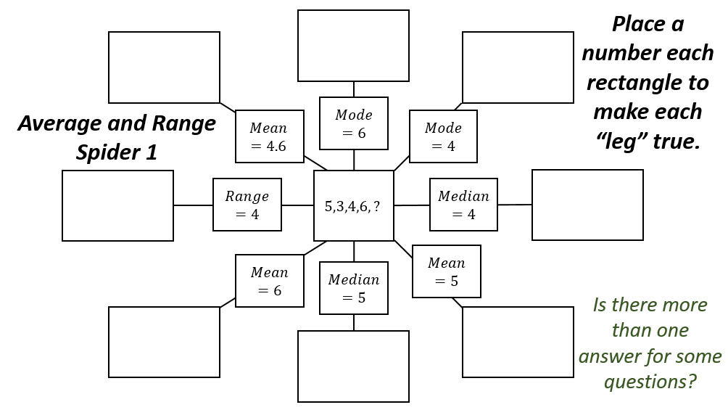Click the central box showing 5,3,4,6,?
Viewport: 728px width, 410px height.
[353, 206]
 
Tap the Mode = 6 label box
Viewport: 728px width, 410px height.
[353, 123]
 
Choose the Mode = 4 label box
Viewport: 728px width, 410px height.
[443, 136]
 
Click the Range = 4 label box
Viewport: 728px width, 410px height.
[247, 205]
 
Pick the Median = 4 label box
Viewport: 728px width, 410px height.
[463, 205]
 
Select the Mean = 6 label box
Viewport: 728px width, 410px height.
[269, 281]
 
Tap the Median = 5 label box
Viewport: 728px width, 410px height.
[353, 288]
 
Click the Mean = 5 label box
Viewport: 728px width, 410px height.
[446, 271]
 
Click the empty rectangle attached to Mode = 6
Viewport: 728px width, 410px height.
[353, 46]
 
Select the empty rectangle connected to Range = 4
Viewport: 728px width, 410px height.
[117, 205]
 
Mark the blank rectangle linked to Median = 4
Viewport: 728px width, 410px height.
[587, 205]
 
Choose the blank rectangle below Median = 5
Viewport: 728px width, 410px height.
[353, 366]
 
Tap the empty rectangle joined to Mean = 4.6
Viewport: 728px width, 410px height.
[164, 67]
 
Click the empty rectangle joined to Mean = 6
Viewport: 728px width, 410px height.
[164, 342]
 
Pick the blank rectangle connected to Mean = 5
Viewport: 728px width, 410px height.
[518, 342]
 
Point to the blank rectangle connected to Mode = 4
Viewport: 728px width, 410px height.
[518, 67]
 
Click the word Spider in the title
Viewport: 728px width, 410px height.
[107, 152]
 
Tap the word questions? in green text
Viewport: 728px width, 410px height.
[650, 381]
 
